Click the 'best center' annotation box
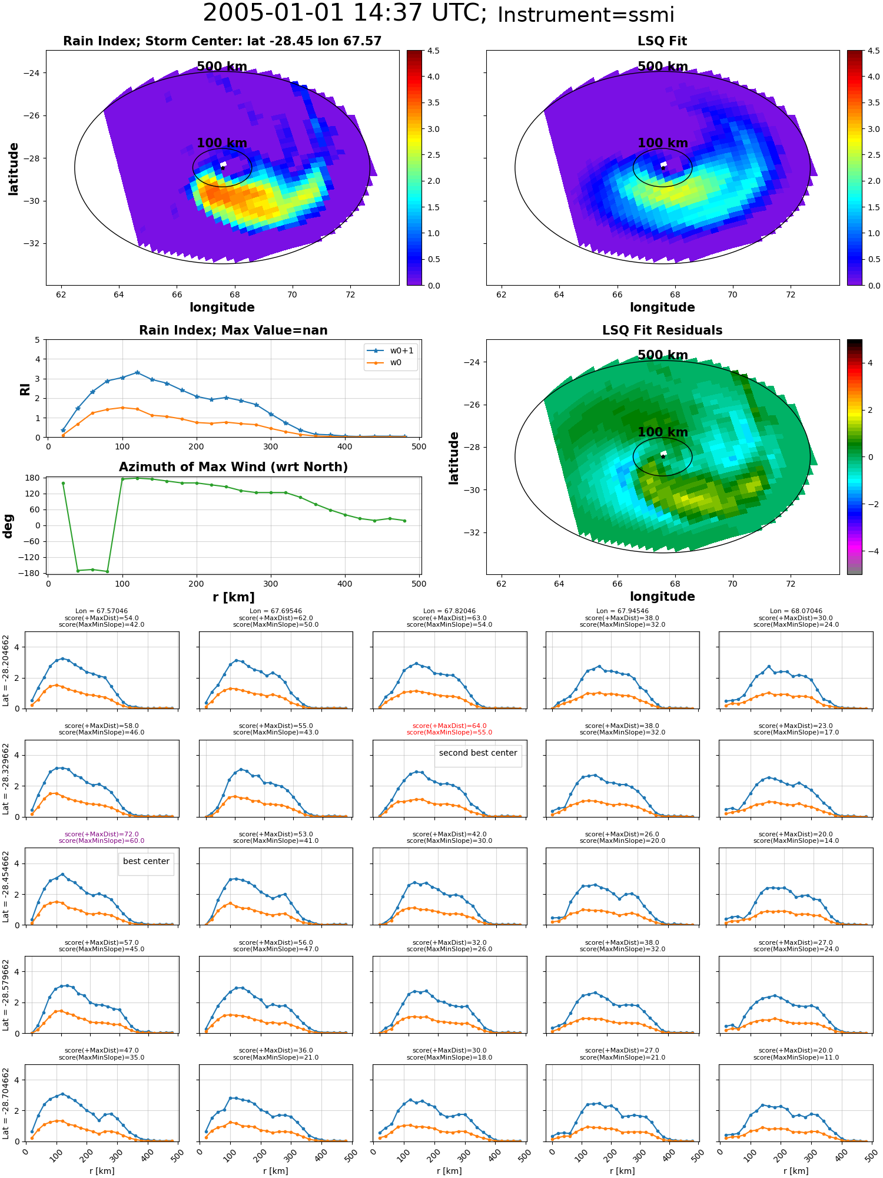[146, 861]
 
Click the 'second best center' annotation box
[478, 753]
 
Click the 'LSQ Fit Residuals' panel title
[662, 330]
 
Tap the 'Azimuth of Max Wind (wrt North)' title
[233, 467]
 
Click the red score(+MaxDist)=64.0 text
[449, 726]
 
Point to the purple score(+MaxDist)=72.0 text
[101, 834]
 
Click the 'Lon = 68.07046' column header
[796, 611]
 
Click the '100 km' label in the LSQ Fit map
[663, 143]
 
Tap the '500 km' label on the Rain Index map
[222, 67]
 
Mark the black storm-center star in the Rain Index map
[223, 168]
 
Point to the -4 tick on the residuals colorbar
[871, 551]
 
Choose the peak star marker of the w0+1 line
[137, 372]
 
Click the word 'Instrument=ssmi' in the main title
[586, 15]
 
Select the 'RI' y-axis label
[25, 389]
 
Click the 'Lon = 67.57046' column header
[101, 611]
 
